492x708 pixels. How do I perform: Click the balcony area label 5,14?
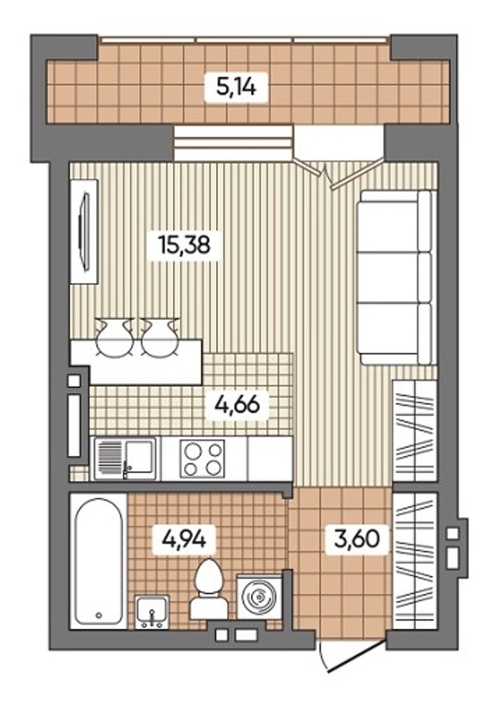236,86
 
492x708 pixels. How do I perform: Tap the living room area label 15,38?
184,245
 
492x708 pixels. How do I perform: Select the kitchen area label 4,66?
237,404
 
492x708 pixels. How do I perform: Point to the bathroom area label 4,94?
184,539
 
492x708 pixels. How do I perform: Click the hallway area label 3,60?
357,539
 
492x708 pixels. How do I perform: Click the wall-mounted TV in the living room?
84,232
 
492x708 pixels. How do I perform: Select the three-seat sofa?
396,277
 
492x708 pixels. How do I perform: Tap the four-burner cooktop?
202,458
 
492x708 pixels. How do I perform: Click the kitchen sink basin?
140,457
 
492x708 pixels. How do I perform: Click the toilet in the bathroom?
208,589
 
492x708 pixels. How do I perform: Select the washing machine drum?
259,597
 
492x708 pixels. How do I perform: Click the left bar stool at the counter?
114,338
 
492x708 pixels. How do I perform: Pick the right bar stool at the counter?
160,338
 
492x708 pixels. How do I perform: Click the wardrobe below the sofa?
415,431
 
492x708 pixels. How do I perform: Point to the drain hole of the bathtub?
99,615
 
